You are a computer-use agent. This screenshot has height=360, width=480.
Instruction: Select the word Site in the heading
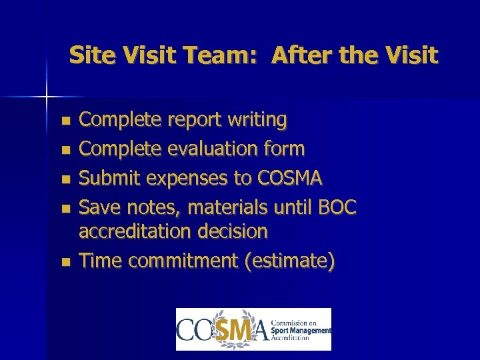pyautogui.click(x=91, y=55)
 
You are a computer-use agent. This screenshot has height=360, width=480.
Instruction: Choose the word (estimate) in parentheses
pyautogui.click(x=290, y=261)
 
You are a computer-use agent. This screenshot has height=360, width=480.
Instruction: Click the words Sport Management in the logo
pyautogui.click(x=301, y=330)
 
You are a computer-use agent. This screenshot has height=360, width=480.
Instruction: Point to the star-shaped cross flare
pyautogui.click(x=47, y=97)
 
